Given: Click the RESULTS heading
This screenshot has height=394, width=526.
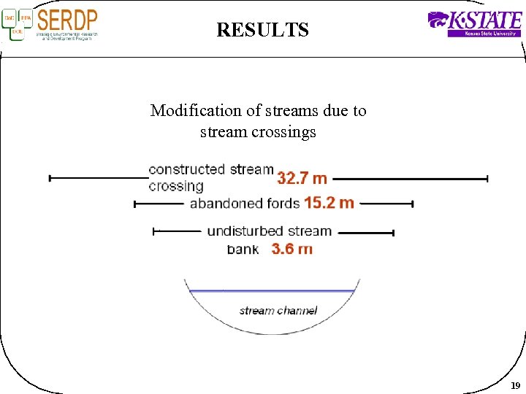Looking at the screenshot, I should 262,30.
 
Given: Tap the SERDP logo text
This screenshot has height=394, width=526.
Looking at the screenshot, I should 66,20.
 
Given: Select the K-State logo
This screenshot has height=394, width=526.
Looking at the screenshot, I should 474,23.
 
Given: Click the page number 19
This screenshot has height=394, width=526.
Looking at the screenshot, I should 515,385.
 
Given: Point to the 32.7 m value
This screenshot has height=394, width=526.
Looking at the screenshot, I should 302,178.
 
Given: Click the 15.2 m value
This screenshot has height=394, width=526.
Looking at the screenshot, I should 329,203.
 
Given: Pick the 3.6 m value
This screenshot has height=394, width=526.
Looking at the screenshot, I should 291,249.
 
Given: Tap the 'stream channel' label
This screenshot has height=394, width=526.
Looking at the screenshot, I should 278,311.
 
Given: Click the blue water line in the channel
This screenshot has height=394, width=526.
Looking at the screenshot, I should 272,291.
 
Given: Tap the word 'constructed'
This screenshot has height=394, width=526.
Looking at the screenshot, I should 186,169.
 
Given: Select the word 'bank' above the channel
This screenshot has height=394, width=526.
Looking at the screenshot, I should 243,249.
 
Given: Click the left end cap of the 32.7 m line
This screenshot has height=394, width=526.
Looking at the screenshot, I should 50,178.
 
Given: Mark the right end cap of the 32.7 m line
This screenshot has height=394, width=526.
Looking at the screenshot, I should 487,178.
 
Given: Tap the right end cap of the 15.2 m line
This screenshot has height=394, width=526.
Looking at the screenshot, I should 413,204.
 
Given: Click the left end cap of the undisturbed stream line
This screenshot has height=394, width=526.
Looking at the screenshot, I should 153,231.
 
